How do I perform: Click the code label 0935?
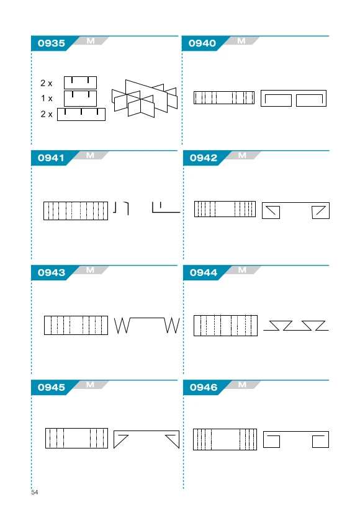coord(52,43)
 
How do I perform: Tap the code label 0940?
coord(202,43)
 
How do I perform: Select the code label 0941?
coord(51,158)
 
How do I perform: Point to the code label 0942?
coord(204,158)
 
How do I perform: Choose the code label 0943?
coord(52,272)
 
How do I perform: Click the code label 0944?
coord(204,272)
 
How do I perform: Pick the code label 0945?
coord(52,387)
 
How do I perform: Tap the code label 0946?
coord(204,387)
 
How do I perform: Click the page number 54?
coord(35,493)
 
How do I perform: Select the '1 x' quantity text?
coord(47,98)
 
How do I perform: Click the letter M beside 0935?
coord(91,41)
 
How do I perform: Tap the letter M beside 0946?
coord(242,385)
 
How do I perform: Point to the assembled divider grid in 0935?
coord(145,98)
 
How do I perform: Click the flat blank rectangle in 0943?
coord(76,325)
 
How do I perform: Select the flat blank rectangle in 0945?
coord(76,438)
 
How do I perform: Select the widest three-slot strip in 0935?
coord(81,115)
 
